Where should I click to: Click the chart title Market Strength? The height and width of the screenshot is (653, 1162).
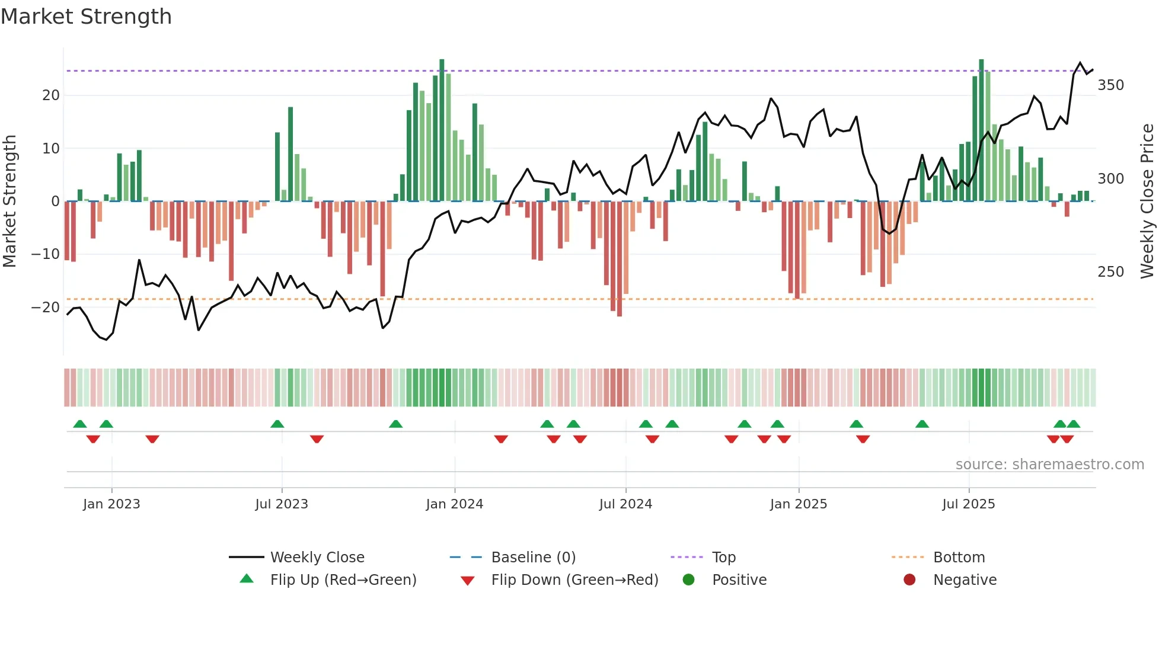86,17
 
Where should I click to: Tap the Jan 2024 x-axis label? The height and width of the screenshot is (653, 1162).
454,504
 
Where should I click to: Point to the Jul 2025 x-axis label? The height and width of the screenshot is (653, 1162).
968,504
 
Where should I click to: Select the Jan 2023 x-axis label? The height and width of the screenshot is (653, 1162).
111,504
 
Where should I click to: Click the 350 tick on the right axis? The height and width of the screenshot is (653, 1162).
1110,85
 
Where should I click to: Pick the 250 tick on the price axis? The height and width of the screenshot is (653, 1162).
1110,272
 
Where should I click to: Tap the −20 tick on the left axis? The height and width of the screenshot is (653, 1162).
46,308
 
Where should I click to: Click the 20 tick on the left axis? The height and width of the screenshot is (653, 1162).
51,95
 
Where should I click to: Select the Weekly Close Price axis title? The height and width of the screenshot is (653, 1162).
1147,201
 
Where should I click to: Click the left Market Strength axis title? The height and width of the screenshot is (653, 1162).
9,201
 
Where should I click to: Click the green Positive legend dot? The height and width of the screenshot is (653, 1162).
688,580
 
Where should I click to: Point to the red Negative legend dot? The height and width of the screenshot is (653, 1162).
909,580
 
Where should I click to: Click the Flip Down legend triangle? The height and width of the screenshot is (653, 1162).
467,581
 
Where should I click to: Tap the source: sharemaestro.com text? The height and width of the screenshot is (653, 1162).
1049,465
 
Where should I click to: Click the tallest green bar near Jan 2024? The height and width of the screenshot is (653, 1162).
442,130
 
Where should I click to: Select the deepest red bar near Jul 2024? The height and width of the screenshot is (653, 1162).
620,258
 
